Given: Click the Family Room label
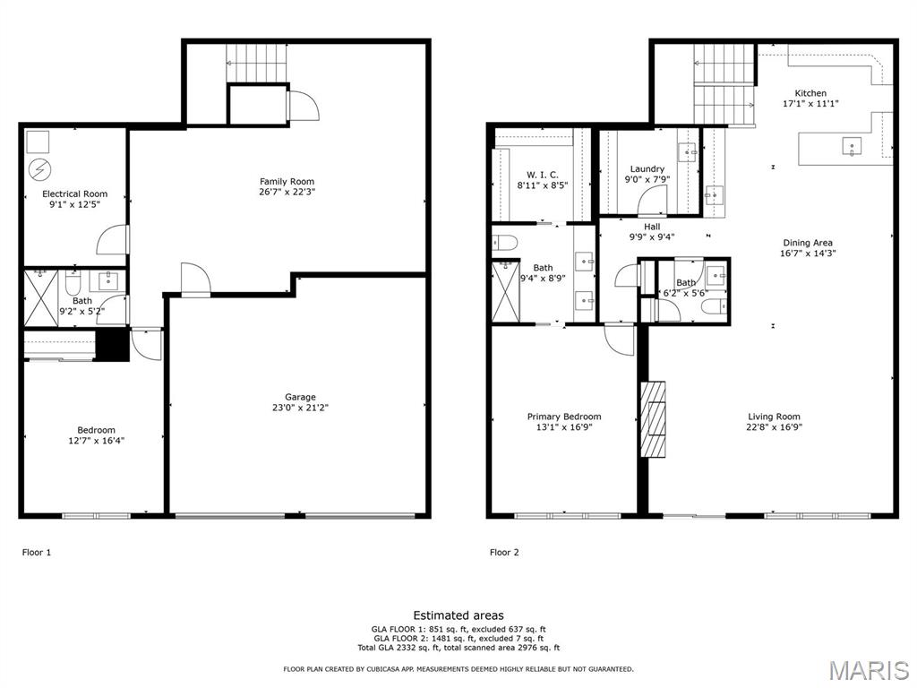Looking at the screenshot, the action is coord(287,181).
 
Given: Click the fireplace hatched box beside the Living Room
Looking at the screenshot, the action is coord(653,419).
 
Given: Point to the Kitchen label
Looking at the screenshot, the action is coord(810,93).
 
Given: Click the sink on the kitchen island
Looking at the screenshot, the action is coord(852,146).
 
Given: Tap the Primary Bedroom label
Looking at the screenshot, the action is coord(564,417).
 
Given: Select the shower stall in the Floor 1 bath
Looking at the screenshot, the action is coord(41,297).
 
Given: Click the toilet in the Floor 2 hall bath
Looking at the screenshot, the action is coord(715,306).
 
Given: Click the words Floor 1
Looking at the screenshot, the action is coord(36,552).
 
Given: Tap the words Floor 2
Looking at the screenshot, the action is coord(504,552).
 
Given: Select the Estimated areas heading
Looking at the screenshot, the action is coord(458,615).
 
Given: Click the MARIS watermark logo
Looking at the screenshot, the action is coord(869,670).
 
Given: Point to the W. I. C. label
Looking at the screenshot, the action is coord(542,175).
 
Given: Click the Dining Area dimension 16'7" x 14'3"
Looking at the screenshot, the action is coord(808,254).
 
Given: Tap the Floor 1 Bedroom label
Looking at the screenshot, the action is coord(97,430).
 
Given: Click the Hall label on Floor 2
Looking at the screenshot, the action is coord(652,227).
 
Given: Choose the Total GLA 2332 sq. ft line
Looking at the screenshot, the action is coord(458,648).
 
